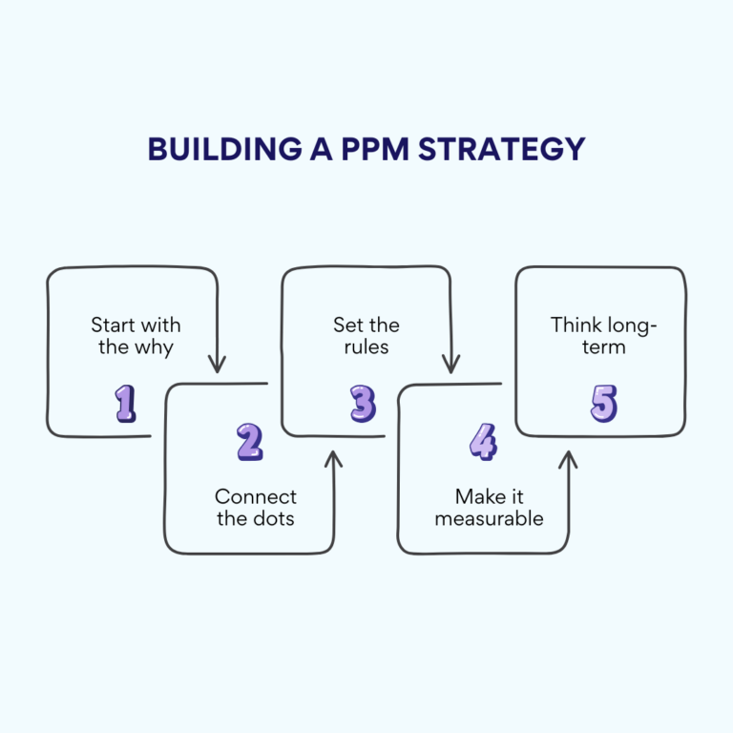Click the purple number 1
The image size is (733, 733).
(126, 404)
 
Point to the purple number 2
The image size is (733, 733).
(249, 442)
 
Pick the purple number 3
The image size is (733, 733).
(363, 404)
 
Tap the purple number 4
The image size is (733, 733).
(484, 442)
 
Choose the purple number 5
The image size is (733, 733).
(603, 404)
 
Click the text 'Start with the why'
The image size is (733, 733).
(136, 336)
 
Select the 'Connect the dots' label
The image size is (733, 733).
(255, 508)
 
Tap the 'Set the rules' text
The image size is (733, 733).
(366, 336)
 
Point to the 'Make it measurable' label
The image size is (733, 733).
(489, 508)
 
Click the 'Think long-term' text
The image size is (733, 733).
(603, 336)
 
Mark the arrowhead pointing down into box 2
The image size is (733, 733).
(218, 365)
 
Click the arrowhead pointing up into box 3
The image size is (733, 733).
(333, 459)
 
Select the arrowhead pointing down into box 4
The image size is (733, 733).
(451, 365)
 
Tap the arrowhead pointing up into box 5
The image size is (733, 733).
(568, 459)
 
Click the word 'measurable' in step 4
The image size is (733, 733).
(489, 519)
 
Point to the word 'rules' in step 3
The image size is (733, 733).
(366, 347)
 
